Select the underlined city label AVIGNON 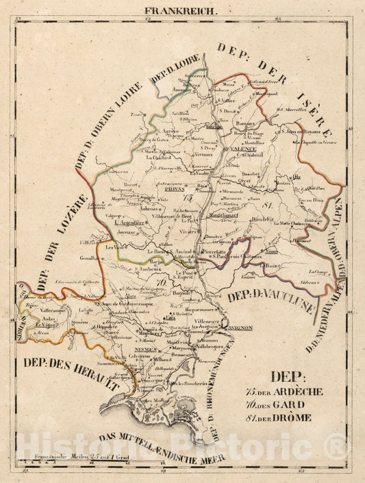(238, 328)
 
